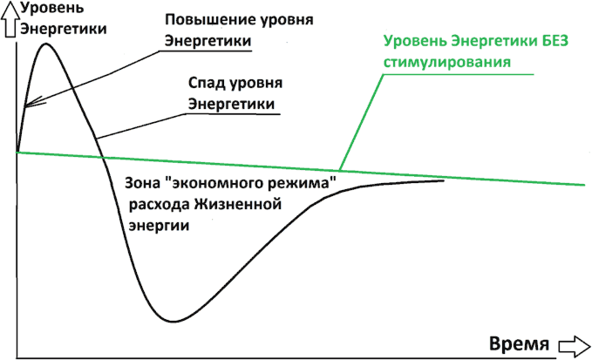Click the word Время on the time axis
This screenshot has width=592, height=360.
coord(519,344)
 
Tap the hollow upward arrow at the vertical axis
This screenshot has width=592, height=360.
coord(11,21)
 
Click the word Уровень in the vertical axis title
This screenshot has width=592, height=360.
coord(52,8)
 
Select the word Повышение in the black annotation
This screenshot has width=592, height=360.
coord(205,20)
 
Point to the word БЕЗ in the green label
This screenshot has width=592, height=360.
coord(555,41)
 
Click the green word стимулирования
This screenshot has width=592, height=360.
coord(447,62)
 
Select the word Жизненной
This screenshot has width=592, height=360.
coord(238,205)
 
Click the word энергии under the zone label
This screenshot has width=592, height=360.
coord(159,226)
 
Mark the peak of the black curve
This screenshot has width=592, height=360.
coord(46,44)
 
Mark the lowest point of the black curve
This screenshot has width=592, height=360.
coord(172,321)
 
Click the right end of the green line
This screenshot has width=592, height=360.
coord(584,185)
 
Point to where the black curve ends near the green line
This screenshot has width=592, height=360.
coord(443,180)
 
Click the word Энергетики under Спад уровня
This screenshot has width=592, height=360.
coord(231,104)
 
